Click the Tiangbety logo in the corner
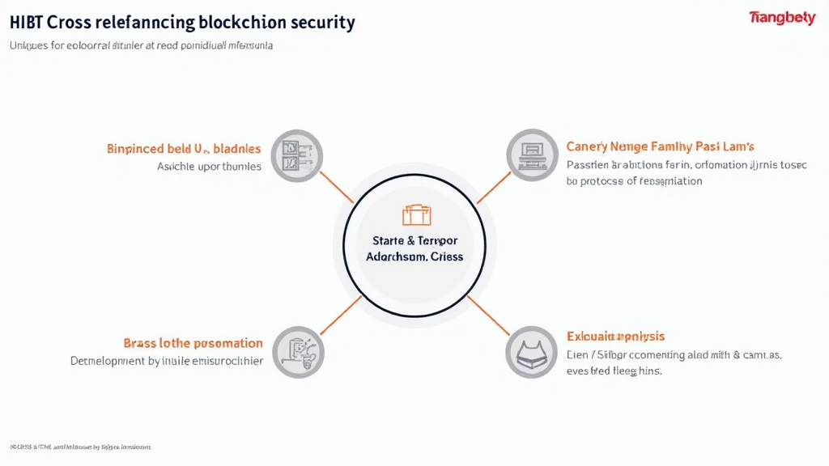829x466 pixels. [x=781, y=19]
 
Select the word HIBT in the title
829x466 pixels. [x=28, y=22]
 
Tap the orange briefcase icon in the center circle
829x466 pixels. [x=417, y=215]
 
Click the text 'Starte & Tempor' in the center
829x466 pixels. [x=414, y=240]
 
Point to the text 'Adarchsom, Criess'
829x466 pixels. [x=414, y=256]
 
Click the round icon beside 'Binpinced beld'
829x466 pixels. [x=296, y=155]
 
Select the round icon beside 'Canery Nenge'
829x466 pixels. [x=533, y=155]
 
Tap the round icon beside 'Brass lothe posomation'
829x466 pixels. [x=297, y=353]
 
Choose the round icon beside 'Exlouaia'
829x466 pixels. [x=532, y=353]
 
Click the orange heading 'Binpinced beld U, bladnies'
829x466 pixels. [x=184, y=149]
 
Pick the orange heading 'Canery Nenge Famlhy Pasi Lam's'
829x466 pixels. [x=661, y=146]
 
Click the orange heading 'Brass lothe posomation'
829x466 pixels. [x=193, y=343]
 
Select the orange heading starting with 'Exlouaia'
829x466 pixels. [x=615, y=336]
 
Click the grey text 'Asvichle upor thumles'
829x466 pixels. [x=209, y=167]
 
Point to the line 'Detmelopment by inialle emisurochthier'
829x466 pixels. [x=167, y=361]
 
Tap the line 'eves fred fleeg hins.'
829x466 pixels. [x=614, y=371]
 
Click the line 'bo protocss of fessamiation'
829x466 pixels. [x=634, y=181]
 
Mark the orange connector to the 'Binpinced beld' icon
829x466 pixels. [x=337, y=187]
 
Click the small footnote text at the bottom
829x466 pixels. [x=80, y=447]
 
